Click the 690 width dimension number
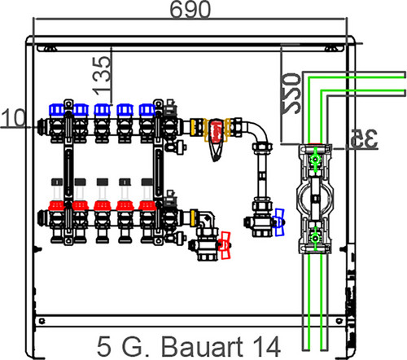pos(190,10)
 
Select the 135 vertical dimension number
pos(101,76)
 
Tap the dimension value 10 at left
pos(13,118)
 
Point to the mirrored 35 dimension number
pos(364,138)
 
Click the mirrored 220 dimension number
pos(291,93)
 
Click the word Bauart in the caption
pos(202,347)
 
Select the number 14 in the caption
pos(266,347)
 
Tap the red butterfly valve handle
pos(225,245)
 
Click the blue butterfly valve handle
pos(279,222)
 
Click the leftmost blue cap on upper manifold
pos(57,110)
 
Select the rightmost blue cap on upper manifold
pos(147,110)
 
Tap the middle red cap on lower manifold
pos(103,206)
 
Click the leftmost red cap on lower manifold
pos(57,206)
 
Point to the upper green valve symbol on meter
pos(315,160)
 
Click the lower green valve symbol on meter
pos(315,239)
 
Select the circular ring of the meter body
pos(298,199)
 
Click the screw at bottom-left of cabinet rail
pos(42,321)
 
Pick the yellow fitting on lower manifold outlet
pos(193,217)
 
